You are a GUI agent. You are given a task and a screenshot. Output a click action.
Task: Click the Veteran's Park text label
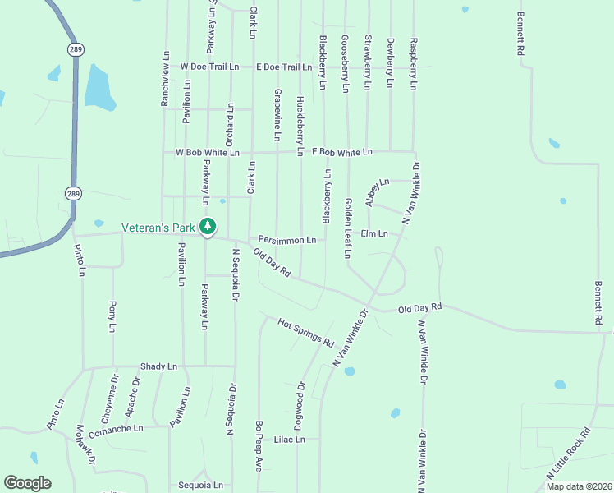[x=159, y=227]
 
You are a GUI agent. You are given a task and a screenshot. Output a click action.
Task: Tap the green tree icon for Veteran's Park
[x=208, y=226]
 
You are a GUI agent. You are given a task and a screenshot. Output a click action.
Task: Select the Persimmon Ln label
[x=287, y=240]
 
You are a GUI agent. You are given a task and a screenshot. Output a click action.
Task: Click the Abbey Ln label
[x=377, y=192]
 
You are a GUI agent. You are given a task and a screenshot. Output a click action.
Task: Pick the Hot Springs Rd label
[x=305, y=331]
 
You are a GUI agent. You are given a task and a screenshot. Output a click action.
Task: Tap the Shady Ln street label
[x=158, y=366]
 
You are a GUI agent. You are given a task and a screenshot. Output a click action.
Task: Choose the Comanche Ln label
[x=116, y=428]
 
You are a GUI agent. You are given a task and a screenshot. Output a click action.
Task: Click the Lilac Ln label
[x=290, y=440]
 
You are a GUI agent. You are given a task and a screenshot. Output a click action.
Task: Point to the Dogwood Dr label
[x=300, y=406]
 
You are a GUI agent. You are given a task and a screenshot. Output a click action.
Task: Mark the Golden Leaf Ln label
[x=347, y=228]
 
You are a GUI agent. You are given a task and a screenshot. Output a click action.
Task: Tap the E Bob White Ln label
[x=342, y=152]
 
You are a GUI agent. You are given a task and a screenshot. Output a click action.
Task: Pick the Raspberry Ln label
[x=414, y=63]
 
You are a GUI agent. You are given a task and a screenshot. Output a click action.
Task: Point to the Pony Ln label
[x=112, y=316]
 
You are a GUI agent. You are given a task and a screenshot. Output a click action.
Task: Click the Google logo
[x=27, y=483]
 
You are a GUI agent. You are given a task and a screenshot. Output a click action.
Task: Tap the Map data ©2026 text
[x=577, y=486]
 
